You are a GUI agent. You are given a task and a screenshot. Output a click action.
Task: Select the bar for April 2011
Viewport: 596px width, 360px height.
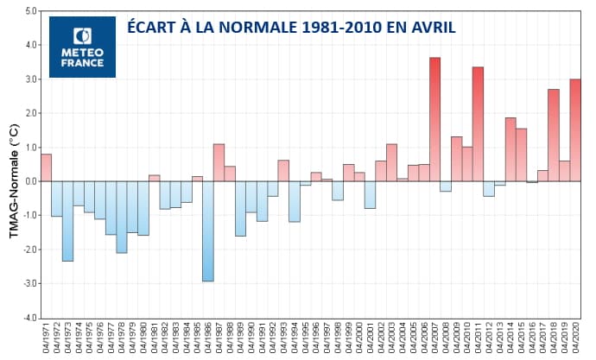478,124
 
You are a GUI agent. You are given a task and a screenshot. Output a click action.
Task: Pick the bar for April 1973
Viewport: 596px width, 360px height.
67,221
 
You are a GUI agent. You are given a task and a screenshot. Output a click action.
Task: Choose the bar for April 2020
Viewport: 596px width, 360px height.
575,130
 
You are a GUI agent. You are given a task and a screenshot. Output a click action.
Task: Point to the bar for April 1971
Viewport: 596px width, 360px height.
46,167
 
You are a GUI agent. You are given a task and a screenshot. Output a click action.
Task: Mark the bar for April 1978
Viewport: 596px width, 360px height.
122,217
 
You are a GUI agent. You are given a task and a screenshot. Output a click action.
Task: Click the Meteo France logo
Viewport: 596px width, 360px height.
82,47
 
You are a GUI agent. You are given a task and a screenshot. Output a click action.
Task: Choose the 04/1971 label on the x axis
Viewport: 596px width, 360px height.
47,338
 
